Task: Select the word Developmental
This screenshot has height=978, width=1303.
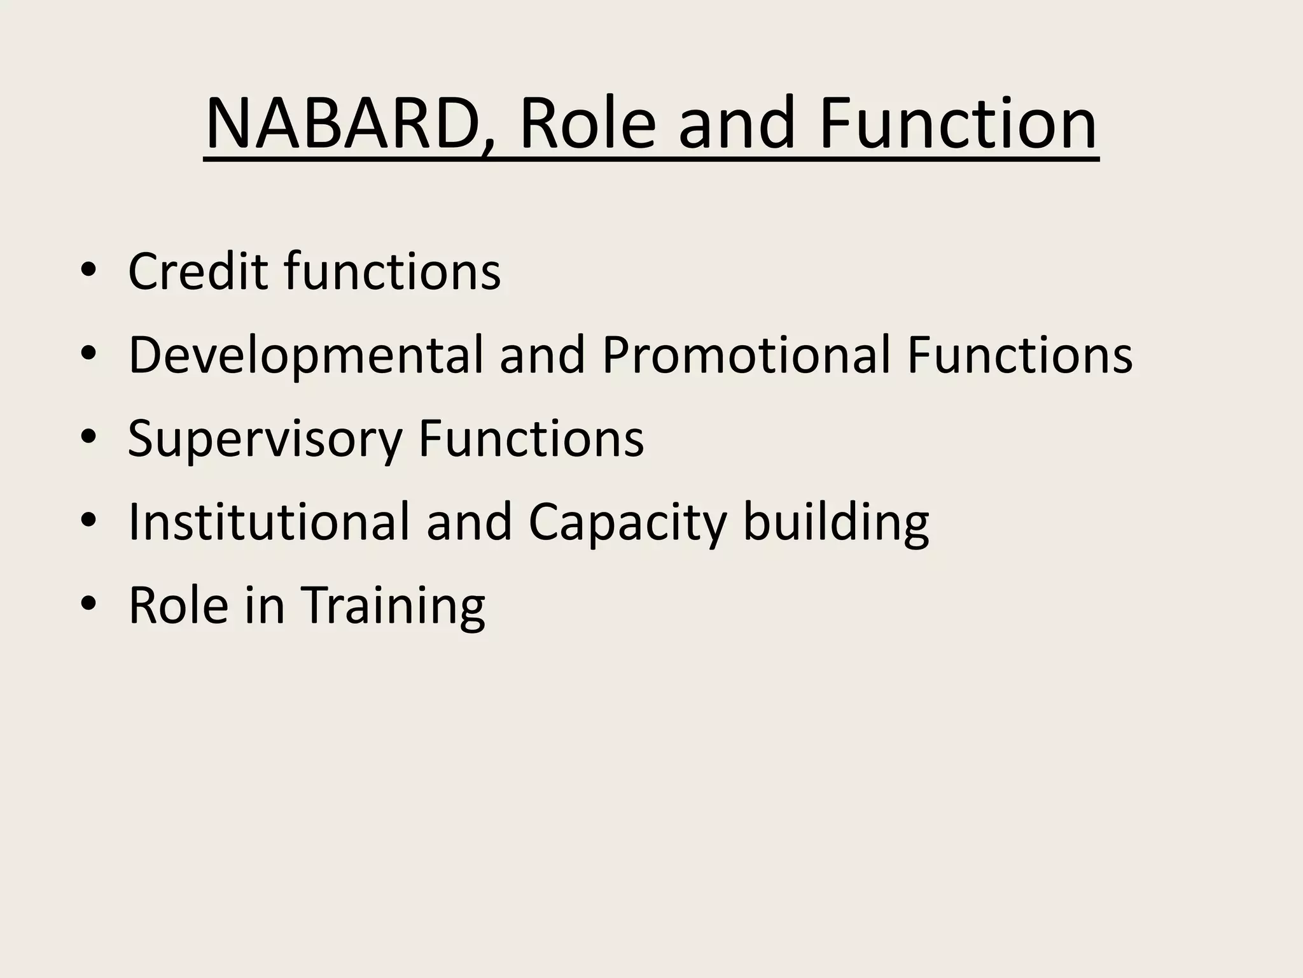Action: pyautogui.click(x=305, y=355)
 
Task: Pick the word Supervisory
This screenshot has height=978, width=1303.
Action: pyautogui.click(x=265, y=439)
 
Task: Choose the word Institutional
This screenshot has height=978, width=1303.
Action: pyautogui.click(x=268, y=522)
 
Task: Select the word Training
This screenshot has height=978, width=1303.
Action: pyautogui.click(x=392, y=606)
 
